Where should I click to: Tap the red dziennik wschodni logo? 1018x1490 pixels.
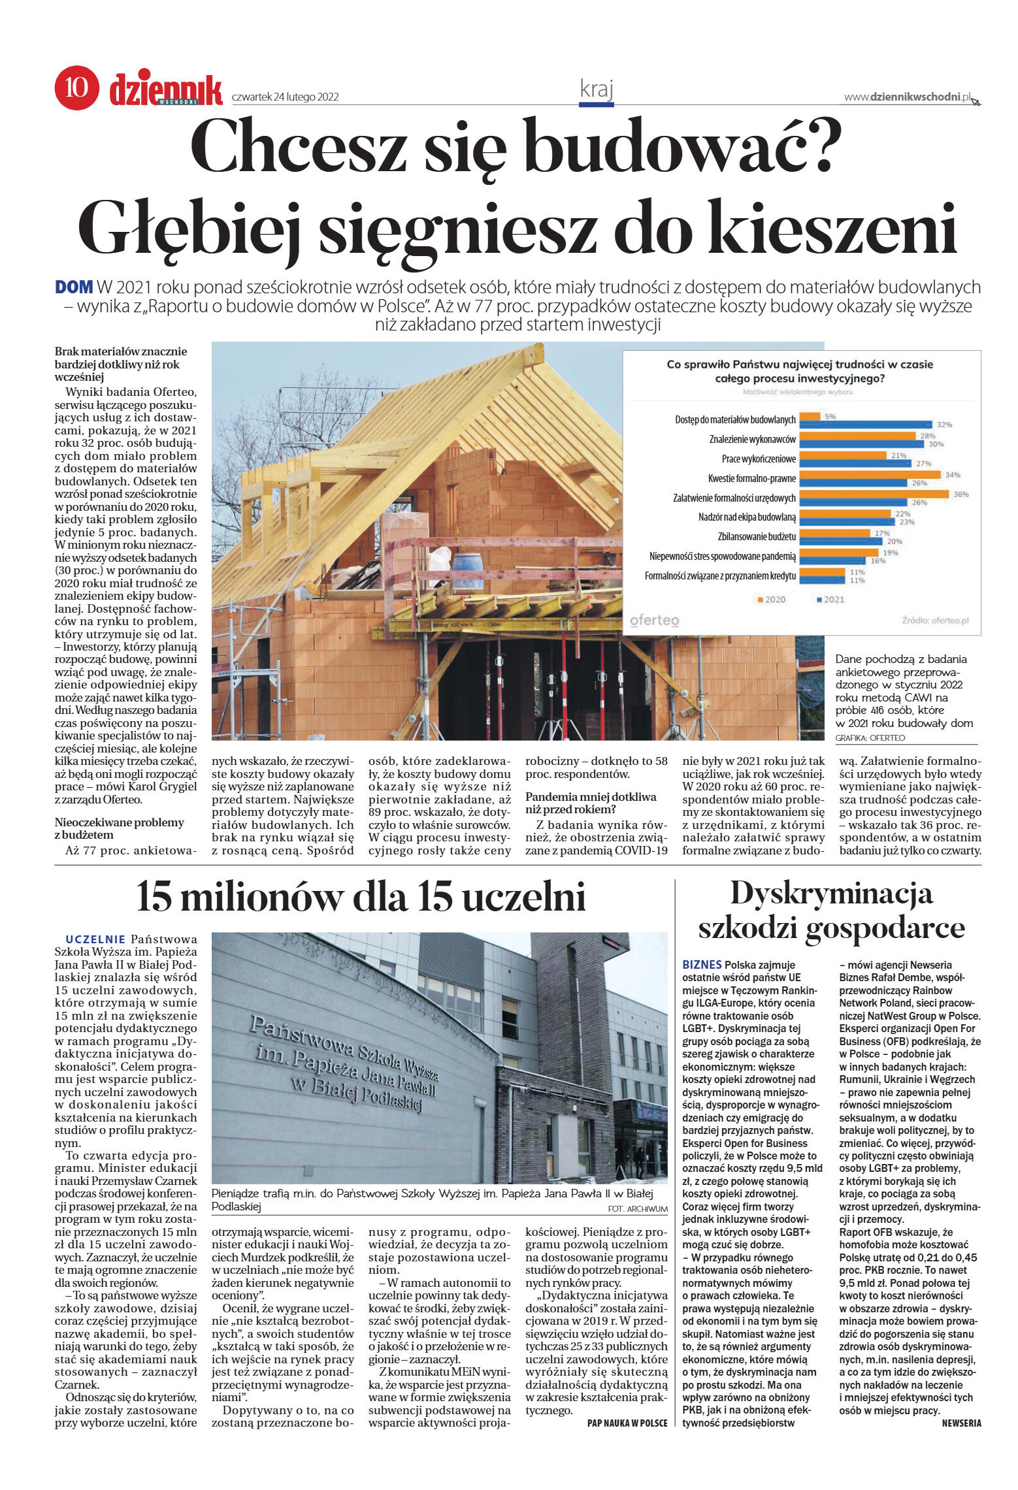click(166, 89)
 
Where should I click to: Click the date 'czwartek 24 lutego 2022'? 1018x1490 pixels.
click(285, 97)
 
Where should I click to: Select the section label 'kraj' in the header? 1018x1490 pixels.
click(596, 89)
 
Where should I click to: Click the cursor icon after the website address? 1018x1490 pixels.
click(976, 100)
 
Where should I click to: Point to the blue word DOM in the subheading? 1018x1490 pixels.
click(74, 287)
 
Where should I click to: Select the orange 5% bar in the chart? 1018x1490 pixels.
click(810, 416)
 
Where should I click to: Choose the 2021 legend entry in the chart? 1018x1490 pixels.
click(830, 599)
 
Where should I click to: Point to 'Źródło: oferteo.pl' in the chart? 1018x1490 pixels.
click(934, 620)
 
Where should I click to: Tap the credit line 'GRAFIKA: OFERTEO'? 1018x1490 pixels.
click(870, 737)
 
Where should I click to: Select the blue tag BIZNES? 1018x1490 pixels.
click(701, 964)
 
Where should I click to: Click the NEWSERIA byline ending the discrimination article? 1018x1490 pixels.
click(961, 1423)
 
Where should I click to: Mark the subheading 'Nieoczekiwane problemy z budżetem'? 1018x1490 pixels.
click(119, 828)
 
